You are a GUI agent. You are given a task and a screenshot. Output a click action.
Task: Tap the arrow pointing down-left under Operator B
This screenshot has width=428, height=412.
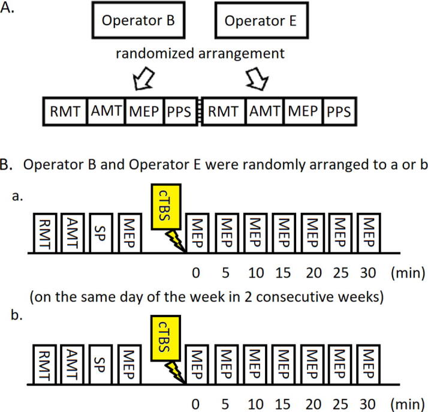142,78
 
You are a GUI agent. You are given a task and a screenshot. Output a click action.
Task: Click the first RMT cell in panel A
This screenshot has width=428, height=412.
63,112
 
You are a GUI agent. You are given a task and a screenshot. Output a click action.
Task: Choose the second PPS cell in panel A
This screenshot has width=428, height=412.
339,112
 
